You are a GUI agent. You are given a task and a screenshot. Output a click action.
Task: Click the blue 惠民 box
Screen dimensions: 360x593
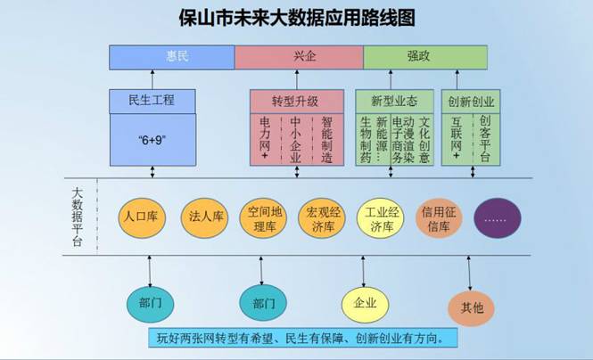171,55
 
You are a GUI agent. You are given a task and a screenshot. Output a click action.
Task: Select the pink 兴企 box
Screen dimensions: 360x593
298,55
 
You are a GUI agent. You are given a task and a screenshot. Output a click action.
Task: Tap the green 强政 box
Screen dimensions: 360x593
424,55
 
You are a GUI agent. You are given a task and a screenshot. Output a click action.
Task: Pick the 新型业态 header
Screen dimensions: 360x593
393,101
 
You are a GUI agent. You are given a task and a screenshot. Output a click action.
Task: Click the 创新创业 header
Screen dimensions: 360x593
471,101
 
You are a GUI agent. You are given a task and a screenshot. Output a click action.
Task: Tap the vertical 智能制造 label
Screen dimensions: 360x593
326,139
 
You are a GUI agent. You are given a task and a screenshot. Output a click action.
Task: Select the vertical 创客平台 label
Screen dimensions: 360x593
484,137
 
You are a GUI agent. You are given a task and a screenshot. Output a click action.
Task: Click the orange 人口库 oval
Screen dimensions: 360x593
141,217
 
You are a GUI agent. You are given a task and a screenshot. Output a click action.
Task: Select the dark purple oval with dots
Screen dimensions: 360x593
498,217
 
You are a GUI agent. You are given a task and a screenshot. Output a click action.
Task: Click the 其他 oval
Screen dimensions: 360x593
472,307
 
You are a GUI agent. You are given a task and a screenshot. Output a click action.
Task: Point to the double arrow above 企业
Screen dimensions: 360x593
364,269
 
